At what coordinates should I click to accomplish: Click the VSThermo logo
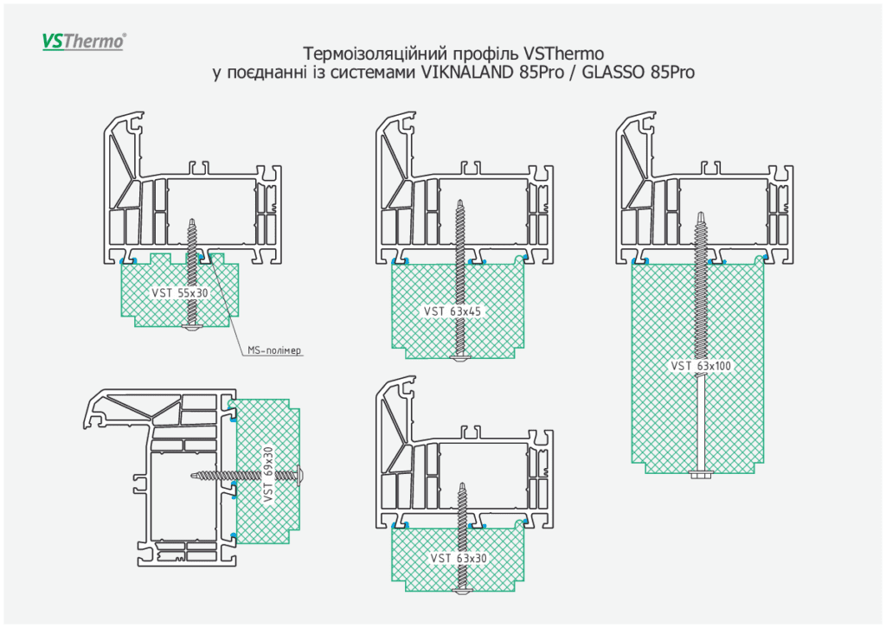(84, 41)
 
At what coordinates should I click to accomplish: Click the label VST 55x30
(180, 292)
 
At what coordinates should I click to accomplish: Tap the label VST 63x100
(701, 366)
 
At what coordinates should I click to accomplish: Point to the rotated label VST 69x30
(267, 474)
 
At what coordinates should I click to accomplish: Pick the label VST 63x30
(459, 558)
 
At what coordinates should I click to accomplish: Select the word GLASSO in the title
(613, 73)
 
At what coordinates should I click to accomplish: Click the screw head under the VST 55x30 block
(193, 329)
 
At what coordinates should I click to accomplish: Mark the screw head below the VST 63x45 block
(459, 357)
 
